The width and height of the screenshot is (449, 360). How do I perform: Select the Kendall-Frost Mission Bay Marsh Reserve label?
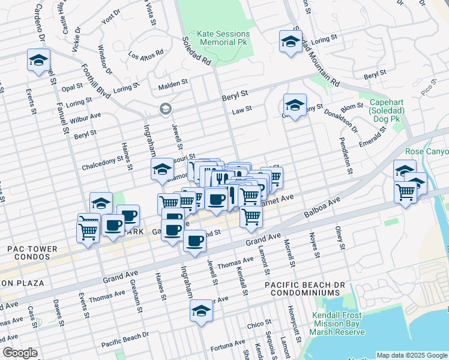click(339, 324)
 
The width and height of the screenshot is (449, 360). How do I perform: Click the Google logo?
click(20, 353)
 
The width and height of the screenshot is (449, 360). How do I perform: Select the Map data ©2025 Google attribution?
click(411, 355)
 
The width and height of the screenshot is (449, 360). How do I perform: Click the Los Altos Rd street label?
click(146, 55)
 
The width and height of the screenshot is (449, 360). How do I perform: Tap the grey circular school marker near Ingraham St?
click(165, 109)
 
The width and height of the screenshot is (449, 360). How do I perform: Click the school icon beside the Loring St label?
click(291, 42)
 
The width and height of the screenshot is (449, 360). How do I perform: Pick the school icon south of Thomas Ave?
click(201, 310)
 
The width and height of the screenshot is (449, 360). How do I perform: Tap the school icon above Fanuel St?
click(38, 61)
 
